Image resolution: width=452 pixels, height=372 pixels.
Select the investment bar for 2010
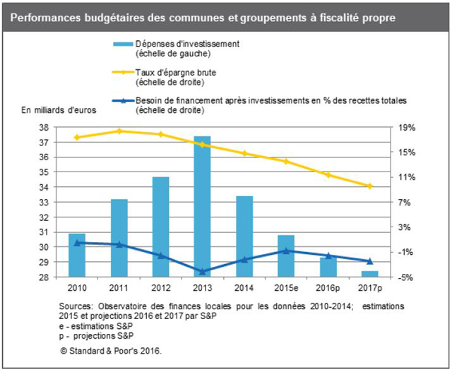(x=77, y=255)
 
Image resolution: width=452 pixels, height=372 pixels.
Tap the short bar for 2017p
(x=369, y=274)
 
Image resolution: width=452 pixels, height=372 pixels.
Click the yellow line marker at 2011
(x=119, y=131)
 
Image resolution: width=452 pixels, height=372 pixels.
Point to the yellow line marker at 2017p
(x=369, y=186)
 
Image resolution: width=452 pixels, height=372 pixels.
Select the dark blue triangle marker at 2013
(x=202, y=271)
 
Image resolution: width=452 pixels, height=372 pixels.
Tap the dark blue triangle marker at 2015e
(x=285, y=251)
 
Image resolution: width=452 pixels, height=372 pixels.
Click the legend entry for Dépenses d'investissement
(x=177, y=48)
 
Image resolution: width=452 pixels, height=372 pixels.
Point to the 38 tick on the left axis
(x=44, y=128)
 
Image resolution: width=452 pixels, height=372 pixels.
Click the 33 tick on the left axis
(x=44, y=203)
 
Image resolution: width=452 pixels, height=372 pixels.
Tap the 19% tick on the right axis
(x=408, y=128)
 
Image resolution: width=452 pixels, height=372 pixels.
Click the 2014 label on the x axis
(x=244, y=288)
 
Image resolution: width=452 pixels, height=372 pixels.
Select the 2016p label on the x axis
(x=328, y=288)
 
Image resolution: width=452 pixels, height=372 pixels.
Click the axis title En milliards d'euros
(x=58, y=109)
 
